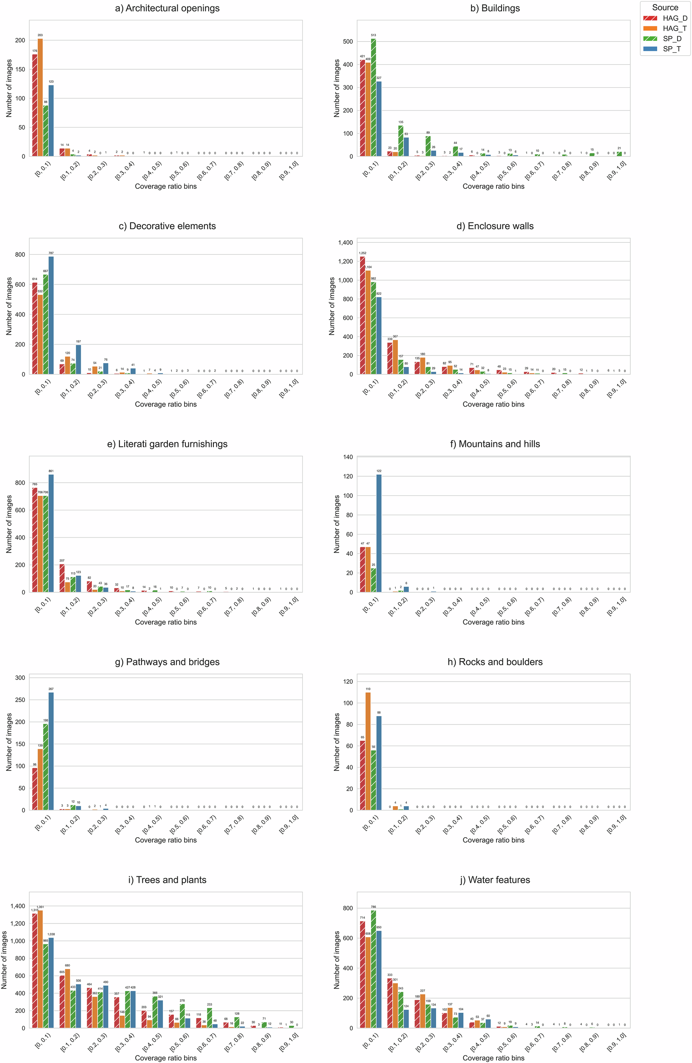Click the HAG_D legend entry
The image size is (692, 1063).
[674, 18]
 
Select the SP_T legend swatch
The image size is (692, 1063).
[650, 48]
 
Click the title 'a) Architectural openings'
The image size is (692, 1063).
[167, 8]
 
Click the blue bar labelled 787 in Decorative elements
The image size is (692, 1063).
[51, 315]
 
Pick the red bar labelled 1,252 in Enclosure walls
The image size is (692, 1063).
[362, 315]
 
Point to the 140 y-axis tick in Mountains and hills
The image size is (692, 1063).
[348, 457]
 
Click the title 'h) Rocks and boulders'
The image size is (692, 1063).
[495, 662]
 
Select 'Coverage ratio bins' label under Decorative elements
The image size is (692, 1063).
[166, 404]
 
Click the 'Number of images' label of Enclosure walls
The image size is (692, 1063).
[332, 306]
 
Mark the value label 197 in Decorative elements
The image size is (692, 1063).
[78, 341]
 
